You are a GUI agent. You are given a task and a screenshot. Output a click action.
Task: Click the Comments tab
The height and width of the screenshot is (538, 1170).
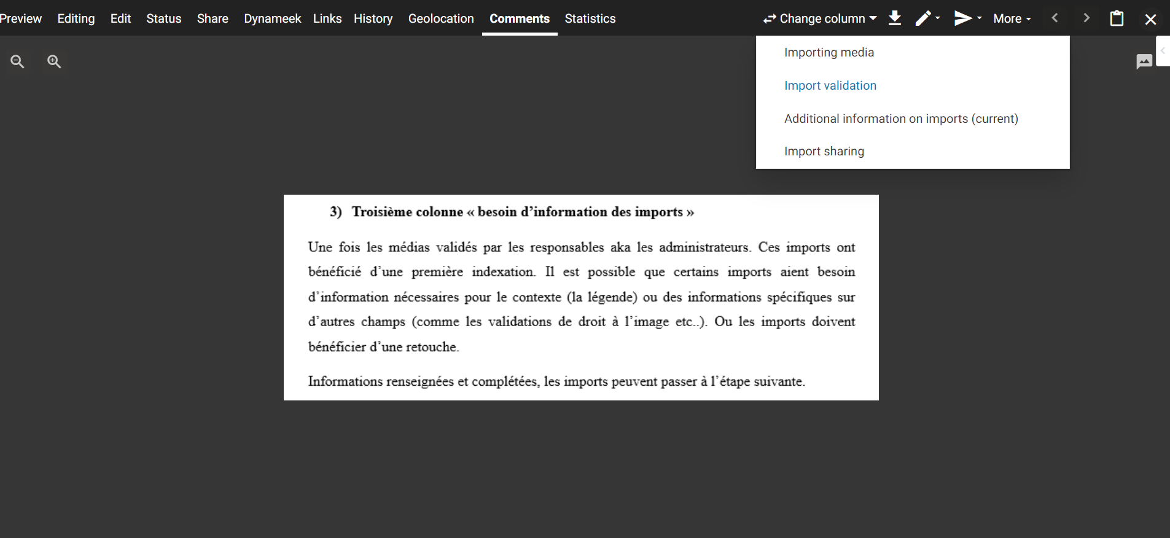tap(520, 18)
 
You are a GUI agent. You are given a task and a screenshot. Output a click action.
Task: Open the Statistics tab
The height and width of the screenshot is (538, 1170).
tap(590, 18)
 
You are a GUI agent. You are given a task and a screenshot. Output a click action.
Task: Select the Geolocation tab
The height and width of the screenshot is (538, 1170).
tap(441, 18)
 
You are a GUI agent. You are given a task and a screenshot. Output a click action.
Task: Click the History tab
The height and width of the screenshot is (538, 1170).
tap(373, 18)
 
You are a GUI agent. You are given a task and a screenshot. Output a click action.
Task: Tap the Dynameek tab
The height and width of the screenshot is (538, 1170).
tap(272, 18)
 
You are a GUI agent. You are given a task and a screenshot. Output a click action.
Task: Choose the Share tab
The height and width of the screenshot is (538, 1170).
tap(213, 18)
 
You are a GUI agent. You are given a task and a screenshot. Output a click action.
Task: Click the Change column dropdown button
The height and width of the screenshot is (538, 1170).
tap(820, 18)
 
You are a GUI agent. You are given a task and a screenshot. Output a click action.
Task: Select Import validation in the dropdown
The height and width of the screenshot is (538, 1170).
tap(830, 85)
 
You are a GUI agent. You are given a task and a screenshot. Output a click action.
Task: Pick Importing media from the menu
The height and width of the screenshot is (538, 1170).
tap(829, 52)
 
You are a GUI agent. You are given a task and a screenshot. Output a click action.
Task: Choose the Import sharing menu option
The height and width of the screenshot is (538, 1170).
tap(824, 151)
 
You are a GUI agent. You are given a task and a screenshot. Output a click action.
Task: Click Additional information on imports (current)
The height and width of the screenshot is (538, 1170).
tap(901, 119)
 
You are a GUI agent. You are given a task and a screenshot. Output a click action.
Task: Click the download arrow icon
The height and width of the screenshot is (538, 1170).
tap(895, 18)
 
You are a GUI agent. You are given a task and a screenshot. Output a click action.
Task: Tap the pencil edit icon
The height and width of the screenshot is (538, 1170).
tap(924, 18)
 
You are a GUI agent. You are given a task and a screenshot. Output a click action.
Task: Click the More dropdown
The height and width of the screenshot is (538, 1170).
tap(1012, 18)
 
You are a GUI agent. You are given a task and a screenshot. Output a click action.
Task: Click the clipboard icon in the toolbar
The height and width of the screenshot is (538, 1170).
tap(1117, 18)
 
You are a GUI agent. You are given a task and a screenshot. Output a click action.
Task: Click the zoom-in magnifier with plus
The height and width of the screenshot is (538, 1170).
tap(54, 61)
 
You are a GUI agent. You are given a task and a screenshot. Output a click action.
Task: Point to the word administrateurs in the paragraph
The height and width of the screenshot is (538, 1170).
tap(704, 248)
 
